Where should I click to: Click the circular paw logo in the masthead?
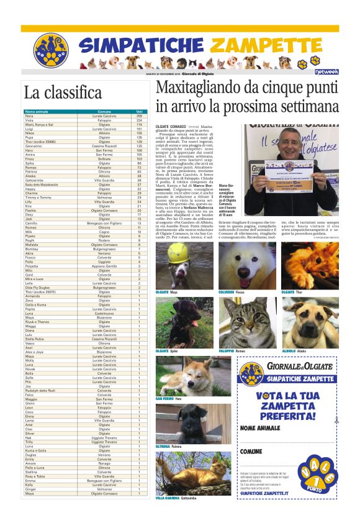[x=50, y=50]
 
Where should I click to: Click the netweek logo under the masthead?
[x=326, y=71]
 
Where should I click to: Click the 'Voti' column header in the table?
[x=138, y=112]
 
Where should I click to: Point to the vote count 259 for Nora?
[x=139, y=116]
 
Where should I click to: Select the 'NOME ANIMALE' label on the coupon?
[x=261, y=428]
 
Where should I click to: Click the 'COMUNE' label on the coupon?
[x=251, y=451]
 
